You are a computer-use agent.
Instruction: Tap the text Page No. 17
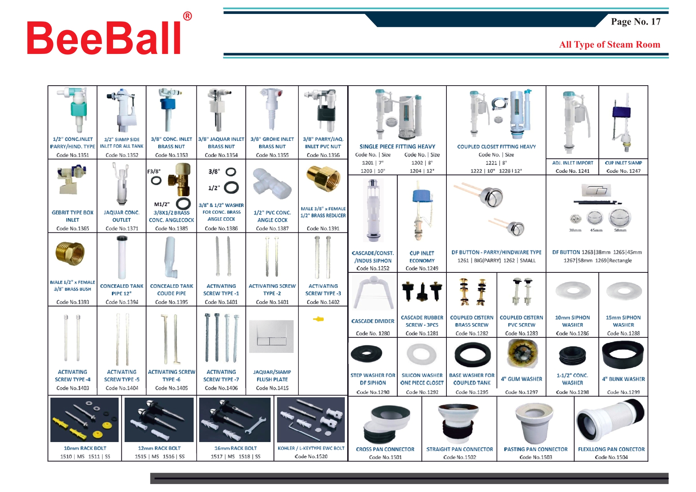tap(636, 22)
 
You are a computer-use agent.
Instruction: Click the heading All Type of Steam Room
tap(609, 44)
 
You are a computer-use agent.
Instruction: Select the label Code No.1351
tap(73, 155)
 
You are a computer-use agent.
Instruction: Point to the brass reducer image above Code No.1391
tap(323, 179)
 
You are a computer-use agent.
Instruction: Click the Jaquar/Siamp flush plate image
tap(272, 337)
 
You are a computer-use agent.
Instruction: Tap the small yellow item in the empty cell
tap(319, 319)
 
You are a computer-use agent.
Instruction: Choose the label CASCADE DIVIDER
tap(373, 321)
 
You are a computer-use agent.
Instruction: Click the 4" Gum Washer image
tap(521, 354)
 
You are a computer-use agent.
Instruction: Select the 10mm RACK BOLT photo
tap(85, 420)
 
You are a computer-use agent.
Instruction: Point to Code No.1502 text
tap(460, 457)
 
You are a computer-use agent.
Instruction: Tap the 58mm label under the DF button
tap(620, 230)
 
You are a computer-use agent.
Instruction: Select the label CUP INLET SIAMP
tap(623, 163)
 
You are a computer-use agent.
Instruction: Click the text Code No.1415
tap(272, 388)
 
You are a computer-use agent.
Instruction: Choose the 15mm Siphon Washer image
tap(624, 291)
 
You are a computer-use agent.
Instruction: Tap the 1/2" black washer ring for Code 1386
tap(231, 187)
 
